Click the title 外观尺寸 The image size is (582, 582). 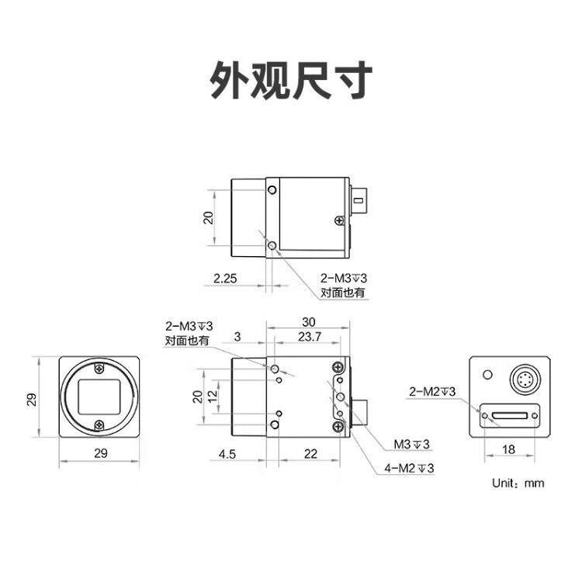point(291,81)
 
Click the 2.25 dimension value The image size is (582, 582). point(225,279)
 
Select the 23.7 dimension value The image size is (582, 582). point(310,337)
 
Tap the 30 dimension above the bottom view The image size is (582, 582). point(308,322)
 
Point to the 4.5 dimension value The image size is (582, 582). point(227,454)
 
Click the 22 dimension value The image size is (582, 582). point(310,454)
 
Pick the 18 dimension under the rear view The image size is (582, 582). point(508,449)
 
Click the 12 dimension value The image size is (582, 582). point(213,397)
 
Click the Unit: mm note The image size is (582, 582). point(518,483)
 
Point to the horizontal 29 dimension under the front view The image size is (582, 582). point(101,453)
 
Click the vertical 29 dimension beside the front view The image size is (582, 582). point(32,400)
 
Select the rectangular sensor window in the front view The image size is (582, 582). point(99,397)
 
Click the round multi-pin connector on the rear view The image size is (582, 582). point(523,379)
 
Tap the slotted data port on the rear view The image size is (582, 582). point(510,415)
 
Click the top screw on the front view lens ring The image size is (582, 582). point(99,369)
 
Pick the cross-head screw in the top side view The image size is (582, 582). point(339,221)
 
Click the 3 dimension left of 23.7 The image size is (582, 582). point(237,337)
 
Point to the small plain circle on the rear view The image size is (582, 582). point(488,375)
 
